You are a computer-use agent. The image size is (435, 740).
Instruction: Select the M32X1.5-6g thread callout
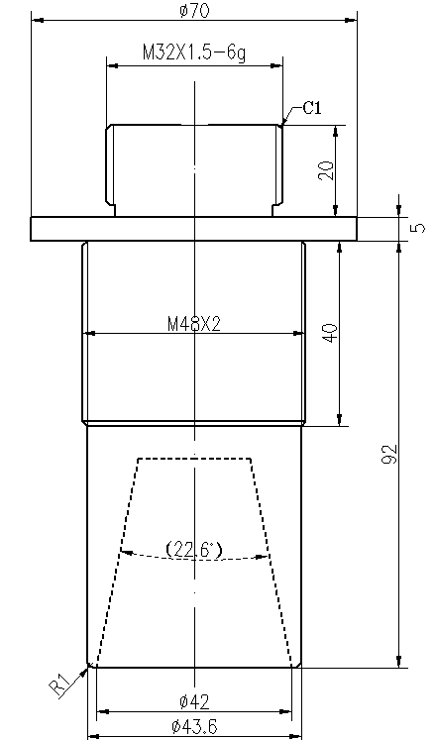[193, 53]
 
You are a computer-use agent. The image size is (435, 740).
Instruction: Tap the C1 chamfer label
[311, 108]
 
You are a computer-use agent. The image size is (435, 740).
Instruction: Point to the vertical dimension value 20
[326, 169]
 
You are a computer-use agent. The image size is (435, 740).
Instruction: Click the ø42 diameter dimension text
[195, 702]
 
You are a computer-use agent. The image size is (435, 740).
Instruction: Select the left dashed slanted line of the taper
[115, 565]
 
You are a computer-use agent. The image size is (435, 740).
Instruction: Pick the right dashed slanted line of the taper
[273, 565]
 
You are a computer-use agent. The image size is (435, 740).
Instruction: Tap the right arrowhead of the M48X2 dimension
[299, 334]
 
